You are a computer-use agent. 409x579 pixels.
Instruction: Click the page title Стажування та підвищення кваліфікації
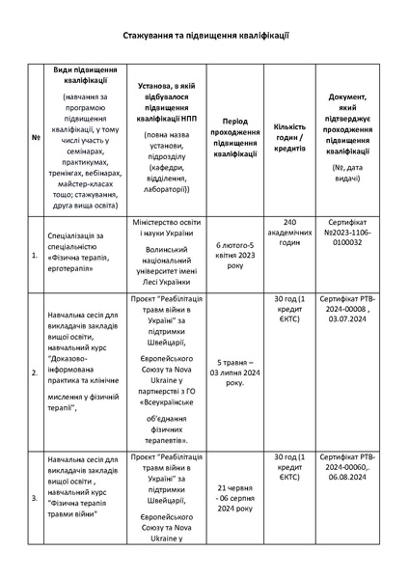205,35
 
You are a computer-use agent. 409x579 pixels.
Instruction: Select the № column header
36,136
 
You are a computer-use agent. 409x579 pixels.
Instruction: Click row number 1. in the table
36,254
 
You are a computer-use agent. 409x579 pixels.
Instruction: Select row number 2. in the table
36,371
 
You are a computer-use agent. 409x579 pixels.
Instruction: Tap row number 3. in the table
36,499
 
